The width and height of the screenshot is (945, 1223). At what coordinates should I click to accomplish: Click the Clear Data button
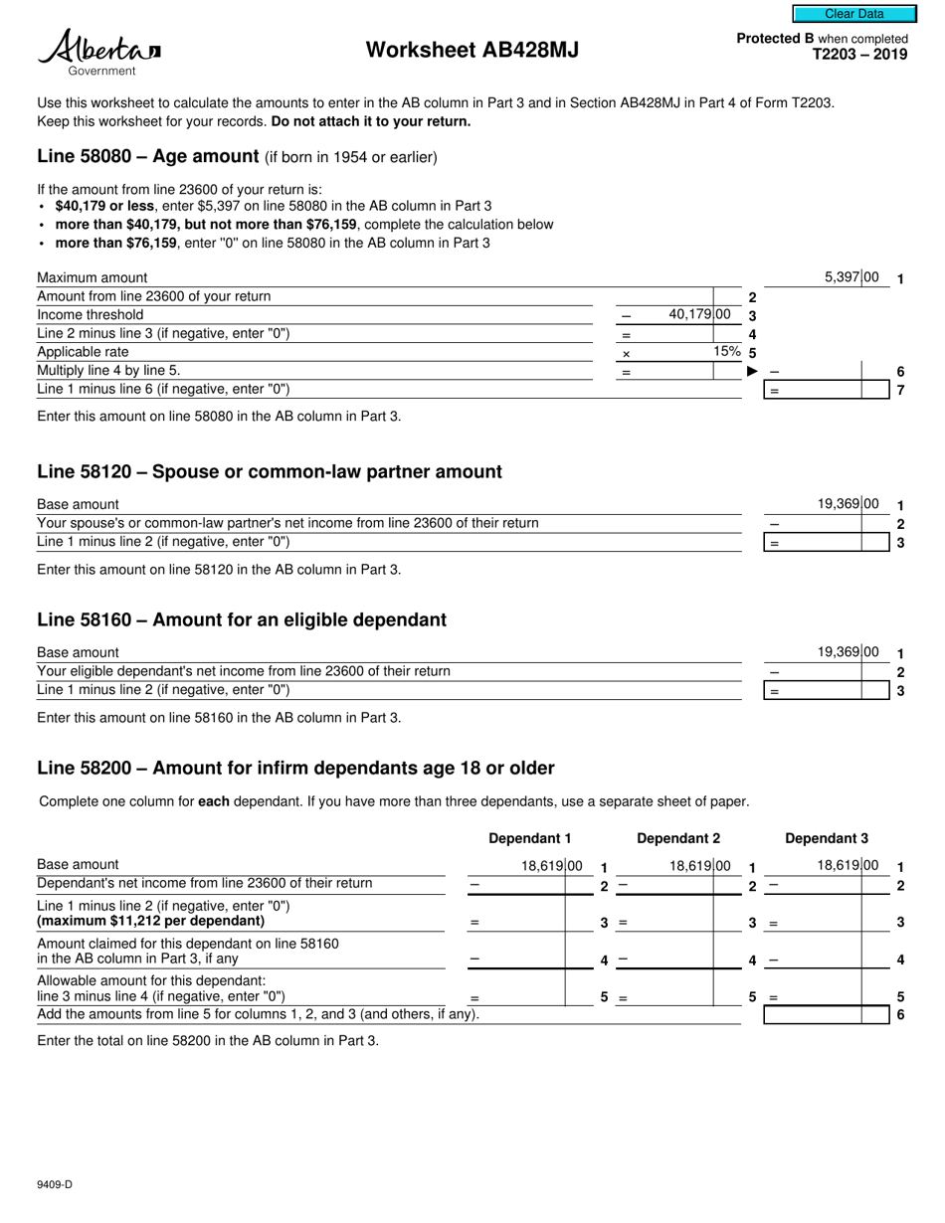[x=853, y=14]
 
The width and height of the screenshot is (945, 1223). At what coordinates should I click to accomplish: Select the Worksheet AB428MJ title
[x=472, y=50]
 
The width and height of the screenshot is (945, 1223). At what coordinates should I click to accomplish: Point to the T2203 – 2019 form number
[x=859, y=55]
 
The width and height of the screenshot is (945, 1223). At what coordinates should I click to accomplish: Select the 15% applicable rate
[x=726, y=352]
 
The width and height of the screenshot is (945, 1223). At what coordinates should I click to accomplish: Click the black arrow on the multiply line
[x=752, y=372]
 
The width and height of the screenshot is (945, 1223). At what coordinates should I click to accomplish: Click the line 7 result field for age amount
[x=826, y=391]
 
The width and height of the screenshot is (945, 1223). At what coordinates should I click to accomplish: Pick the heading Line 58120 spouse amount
[x=269, y=471]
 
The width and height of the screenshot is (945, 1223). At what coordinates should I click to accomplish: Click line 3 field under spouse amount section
[x=826, y=543]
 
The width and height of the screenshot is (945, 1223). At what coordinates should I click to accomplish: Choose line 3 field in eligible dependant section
[x=826, y=691]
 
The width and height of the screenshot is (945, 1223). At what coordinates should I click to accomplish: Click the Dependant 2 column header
[x=678, y=838]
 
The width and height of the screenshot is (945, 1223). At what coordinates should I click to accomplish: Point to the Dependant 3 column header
[x=827, y=838]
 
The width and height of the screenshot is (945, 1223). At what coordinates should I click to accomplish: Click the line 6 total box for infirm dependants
[x=826, y=1015]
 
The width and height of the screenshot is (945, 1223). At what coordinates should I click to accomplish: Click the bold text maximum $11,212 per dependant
[x=151, y=921]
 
